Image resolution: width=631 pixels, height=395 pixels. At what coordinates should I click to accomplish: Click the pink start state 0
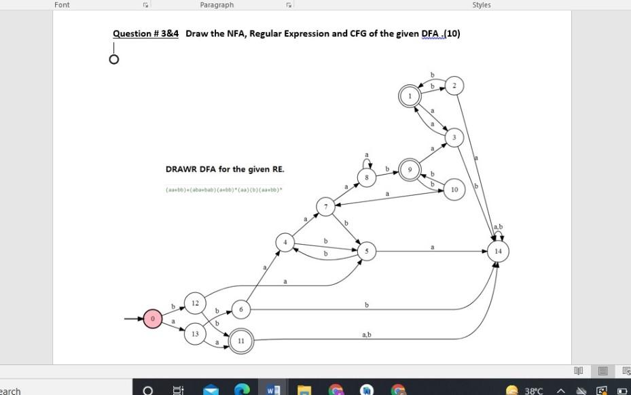click(153, 318)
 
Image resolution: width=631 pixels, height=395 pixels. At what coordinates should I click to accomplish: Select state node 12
click(195, 302)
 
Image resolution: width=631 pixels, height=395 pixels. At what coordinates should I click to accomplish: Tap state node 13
click(195, 334)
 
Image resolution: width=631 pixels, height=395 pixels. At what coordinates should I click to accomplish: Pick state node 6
click(240, 309)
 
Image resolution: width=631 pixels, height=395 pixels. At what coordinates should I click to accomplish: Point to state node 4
click(285, 242)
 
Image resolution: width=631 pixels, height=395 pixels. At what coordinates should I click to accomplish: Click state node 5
click(366, 252)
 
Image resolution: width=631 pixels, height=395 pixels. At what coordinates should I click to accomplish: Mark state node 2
click(455, 86)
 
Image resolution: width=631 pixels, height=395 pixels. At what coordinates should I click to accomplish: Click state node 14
click(498, 252)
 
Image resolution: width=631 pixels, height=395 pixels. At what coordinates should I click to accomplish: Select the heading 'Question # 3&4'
click(145, 34)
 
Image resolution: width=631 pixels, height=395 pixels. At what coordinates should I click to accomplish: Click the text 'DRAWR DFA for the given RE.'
click(225, 169)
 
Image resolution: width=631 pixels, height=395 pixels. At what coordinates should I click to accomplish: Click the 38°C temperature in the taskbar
click(534, 391)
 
